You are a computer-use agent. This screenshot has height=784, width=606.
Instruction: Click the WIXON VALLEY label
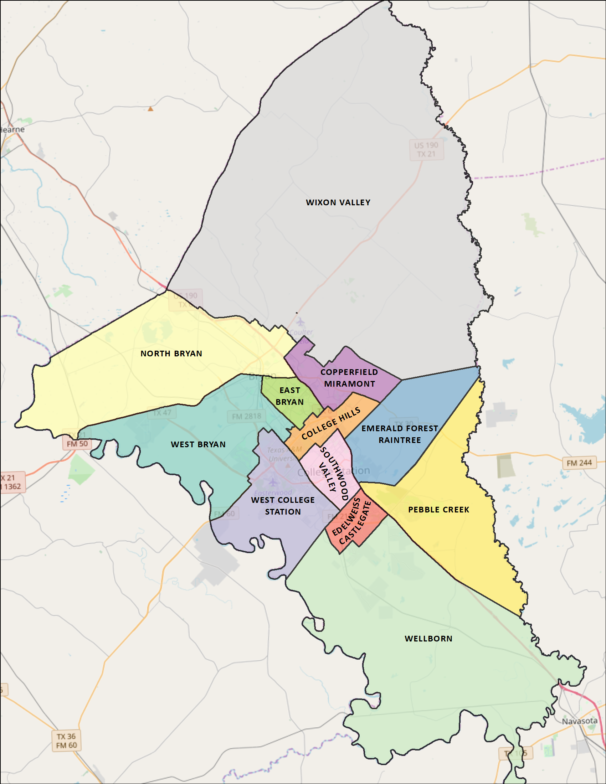click(x=338, y=202)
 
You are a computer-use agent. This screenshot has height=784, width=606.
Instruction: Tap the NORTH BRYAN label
click(x=171, y=354)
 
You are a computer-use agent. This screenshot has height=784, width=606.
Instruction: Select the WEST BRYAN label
click(x=198, y=444)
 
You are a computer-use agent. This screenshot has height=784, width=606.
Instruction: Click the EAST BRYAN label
click(x=290, y=396)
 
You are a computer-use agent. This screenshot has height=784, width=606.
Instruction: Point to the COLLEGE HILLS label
click(x=331, y=424)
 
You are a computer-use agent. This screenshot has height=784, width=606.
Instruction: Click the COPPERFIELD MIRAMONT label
click(x=349, y=378)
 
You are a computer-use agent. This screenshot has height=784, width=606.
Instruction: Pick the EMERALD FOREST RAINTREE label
click(x=400, y=434)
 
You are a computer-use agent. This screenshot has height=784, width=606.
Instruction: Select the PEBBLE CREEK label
click(x=438, y=510)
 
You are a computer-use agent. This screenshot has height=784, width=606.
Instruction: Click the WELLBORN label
click(x=428, y=639)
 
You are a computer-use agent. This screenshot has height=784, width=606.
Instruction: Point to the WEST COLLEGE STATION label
click(x=283, y=506)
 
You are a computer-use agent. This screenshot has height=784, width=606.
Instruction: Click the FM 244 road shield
click(x=579, y=463)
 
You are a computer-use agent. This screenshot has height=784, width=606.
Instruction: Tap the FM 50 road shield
click(x=77, y=444)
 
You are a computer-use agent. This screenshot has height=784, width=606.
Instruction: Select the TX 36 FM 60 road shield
click(x=66, y=741)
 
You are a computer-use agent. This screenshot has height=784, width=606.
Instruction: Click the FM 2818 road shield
click(x=246, y=416)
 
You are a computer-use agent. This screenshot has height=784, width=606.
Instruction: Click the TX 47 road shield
click(x=162, y=413)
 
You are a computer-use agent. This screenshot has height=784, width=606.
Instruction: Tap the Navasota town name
click(x=579, y=721)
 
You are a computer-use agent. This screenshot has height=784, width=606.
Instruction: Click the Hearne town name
click(x=12, y=130)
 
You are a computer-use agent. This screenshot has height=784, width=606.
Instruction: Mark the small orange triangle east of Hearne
click(x=150, y=108)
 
